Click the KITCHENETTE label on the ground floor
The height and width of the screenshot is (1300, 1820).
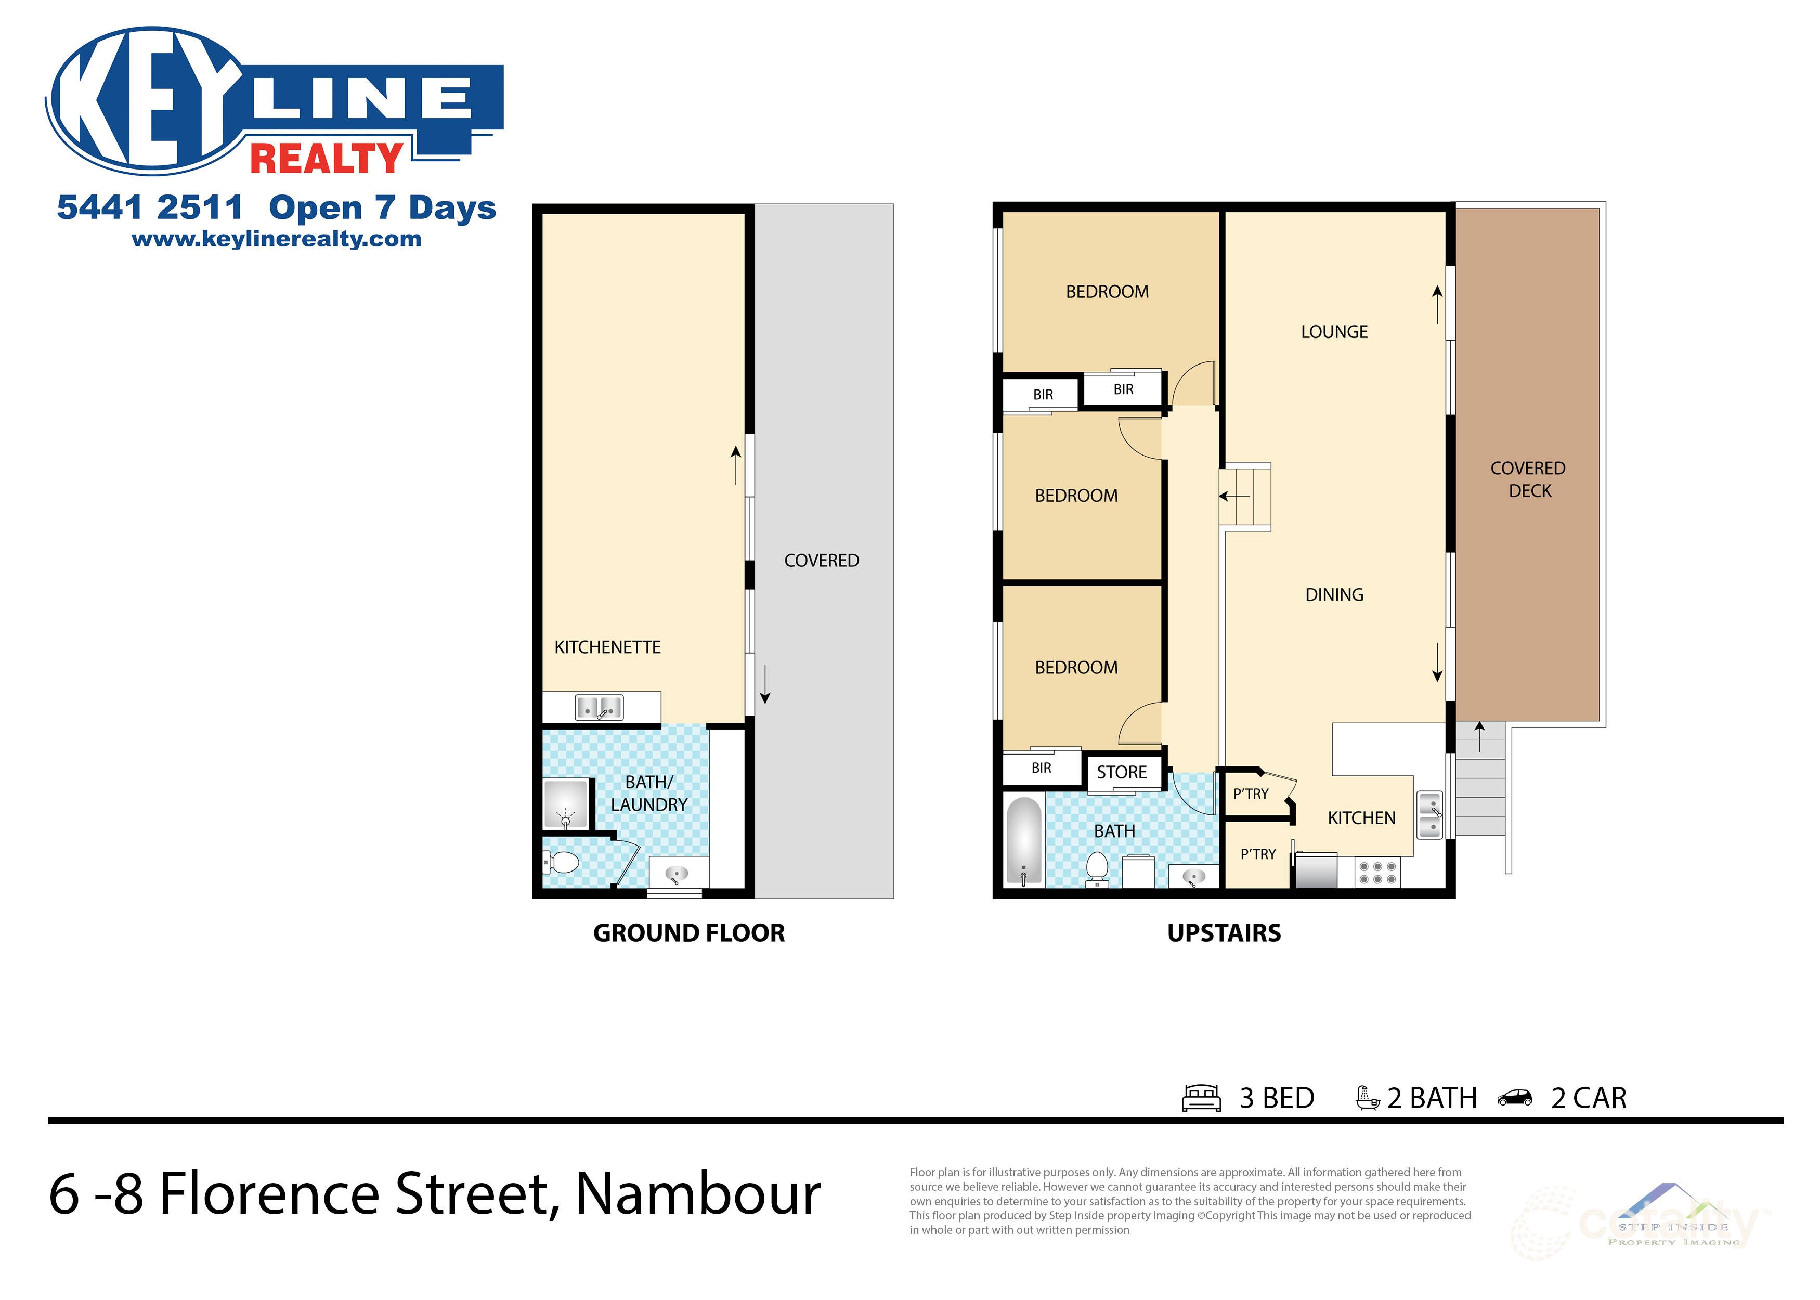coord(607,647)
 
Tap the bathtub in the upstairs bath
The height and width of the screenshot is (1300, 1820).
coord(1023,840)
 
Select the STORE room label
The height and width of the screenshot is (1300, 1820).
coord(1121,772)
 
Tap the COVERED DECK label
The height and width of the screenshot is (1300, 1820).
coord(1528,479)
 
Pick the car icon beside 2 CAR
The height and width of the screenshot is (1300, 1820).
coord(1514,1098)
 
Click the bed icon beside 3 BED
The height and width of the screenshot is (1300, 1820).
coord(1201,1098)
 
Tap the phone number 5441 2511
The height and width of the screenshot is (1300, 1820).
coord(150,207)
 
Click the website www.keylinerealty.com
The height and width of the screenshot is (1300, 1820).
coord(276,239)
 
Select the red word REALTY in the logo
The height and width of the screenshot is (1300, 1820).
coord(327,158)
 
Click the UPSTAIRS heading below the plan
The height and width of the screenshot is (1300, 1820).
coord(1224,932)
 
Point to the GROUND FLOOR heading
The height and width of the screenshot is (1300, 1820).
coord(688,932)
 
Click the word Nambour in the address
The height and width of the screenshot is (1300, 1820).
coord(697,1193)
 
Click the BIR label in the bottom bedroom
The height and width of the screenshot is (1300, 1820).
coord(1041,768)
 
